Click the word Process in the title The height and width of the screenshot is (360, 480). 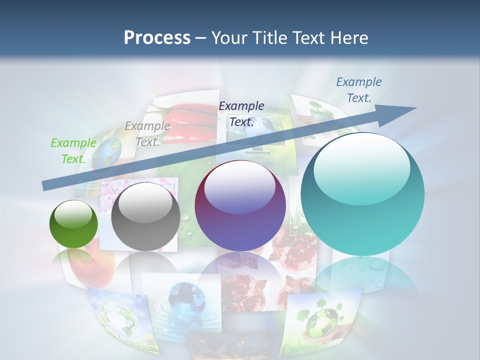pyautogui.click(x=157, y=37)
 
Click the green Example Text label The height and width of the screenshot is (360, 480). pyautogui.click(x=73, y=150)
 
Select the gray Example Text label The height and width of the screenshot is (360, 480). pyautogui.click(x=147, y=133)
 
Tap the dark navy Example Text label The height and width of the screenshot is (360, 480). pyautogui.click(x=241, y=113)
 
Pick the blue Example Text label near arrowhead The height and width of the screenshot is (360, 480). pyautogui.click(x=358, y=90)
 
